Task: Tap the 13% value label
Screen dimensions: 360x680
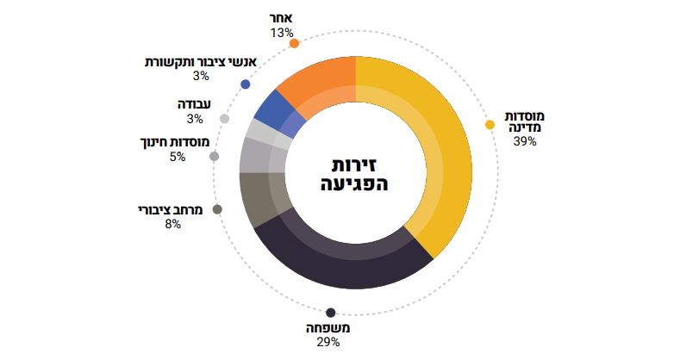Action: click(281, 33)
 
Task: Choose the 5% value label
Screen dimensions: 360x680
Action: click(177, 157)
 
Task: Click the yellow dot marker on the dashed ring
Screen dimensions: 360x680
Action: click(490, 125)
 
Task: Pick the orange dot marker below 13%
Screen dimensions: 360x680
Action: click(294, 43)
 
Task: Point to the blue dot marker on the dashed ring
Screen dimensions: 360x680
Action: click(246, 84)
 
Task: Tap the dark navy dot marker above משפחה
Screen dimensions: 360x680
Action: click(330, 313)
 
